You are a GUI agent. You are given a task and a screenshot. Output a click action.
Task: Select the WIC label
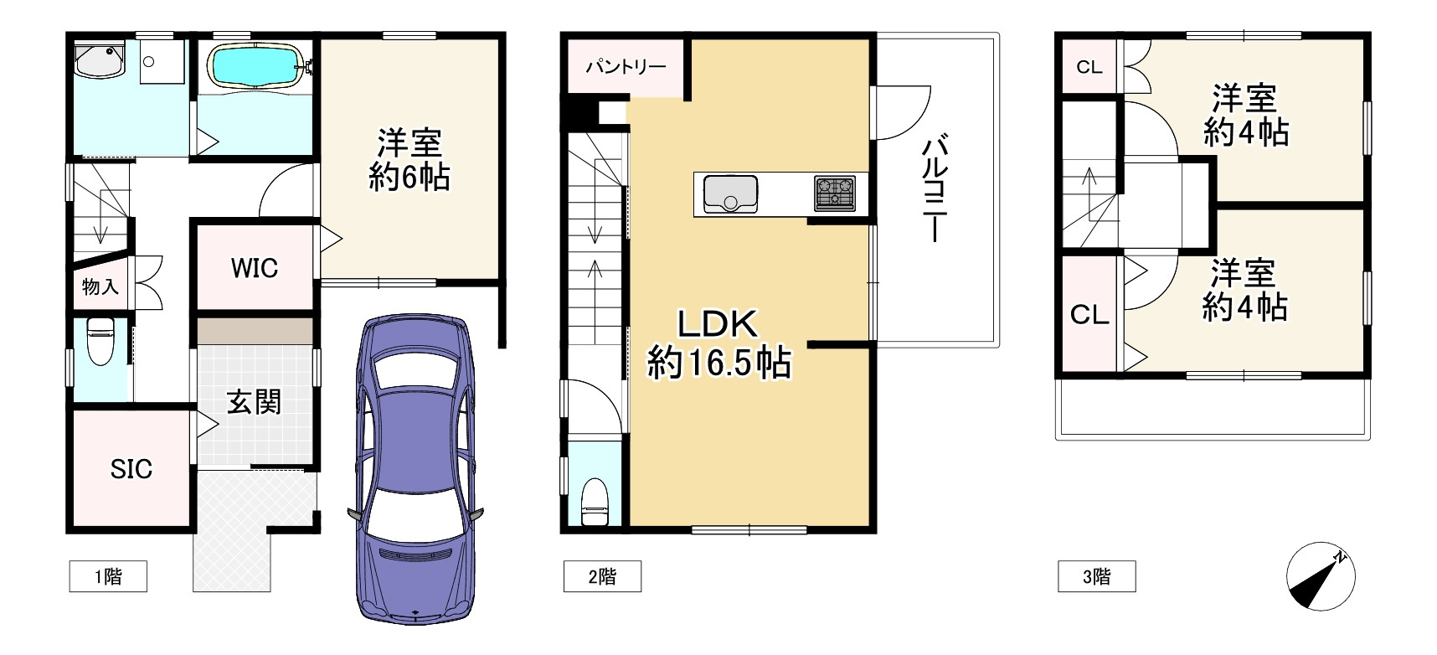pyautogui.click(x=255, y=268)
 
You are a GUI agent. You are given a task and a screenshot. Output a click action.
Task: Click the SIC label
pyautogui.click(x=131, y=469)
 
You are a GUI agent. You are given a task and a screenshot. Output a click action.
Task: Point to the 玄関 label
pyautogui.click(x=254, y=403)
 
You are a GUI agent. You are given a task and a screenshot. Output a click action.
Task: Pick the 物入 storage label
pyautogui.click(x=100, y=286)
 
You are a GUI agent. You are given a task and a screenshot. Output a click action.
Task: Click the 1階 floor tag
pyautogui.click(x=108, y=576)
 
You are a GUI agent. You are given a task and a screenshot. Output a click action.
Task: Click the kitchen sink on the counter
pyautogui.click(x=730, y=193)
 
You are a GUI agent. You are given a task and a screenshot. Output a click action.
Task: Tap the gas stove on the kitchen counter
pyautogui.click(x=834, y=193)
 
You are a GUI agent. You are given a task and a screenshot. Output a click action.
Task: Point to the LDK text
pyautogui.click(x=718, y=323)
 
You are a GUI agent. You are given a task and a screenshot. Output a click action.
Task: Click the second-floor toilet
pyautogui.click(x=595, y=500)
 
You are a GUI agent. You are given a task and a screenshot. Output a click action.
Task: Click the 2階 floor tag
pyautogui.click(x=602, y=576)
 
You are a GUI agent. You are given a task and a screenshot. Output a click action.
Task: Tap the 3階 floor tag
pyautogui.click(x=1097, y=576)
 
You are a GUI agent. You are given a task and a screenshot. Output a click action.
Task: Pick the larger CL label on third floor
pyautogui.click(x=1089, y=315)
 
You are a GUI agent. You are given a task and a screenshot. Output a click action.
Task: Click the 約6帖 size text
pyautogui.click(x=409, y=177)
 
